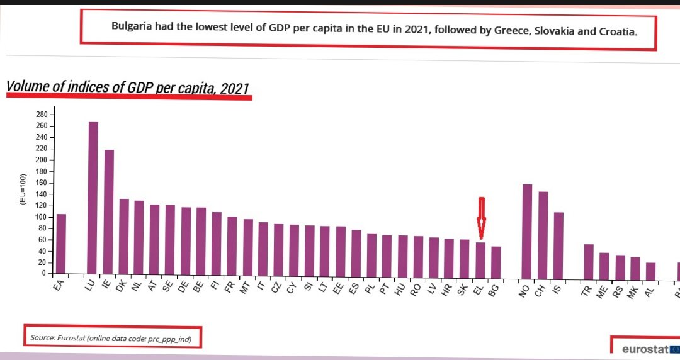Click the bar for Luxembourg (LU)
[93, 198]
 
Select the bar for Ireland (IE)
[109, 211]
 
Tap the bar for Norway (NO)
[527, 229]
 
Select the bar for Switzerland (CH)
[543, 233]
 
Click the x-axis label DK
[122, 286]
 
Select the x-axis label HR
[447, 286]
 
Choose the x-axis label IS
[556, 286]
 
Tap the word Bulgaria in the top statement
[132, 26]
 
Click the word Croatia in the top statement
[616, 30]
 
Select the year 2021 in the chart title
[235, 88]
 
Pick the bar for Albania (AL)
[650, 268]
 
